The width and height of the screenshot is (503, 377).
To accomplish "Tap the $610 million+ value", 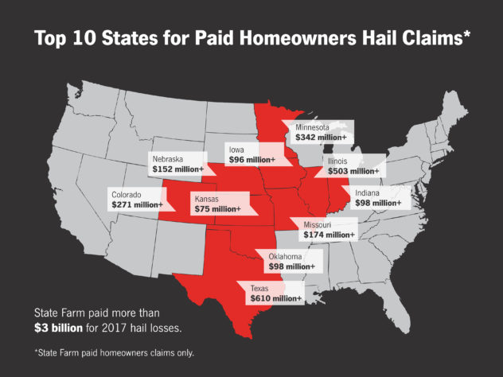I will (275, 298).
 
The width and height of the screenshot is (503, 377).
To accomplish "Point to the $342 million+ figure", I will (321, 138).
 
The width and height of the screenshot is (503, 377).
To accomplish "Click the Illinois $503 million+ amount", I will (353, 171).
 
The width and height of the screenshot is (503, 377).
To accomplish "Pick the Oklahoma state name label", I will (284, 256).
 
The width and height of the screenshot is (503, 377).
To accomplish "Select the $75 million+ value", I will (216, 208).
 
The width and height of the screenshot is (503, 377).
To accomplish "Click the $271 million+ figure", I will (138, 205).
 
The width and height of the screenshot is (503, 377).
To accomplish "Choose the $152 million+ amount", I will (178, 169).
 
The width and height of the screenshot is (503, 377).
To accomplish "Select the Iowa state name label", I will (236, 150).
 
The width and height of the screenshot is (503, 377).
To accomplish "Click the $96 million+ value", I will (251, 160).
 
